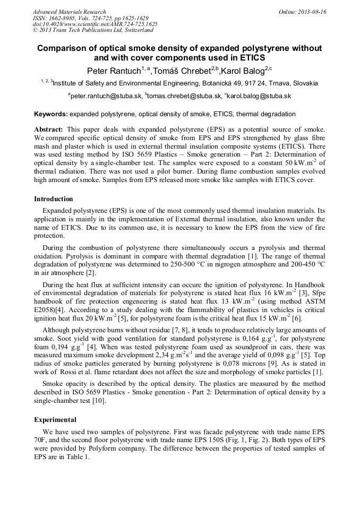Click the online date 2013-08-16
pyautogui.click(x=313, y=12)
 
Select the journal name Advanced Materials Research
pyautogui.click(x=69, y=12)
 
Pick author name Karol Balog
pyautogui.click(x=242, y=71)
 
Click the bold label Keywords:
pyautogui.click(x=51, y=114)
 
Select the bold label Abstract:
pyautogui.click(x=49, y=130)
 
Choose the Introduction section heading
pyautogui.click(x=54, y=199)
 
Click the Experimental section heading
pyautogui.click(x=55, y=419)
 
